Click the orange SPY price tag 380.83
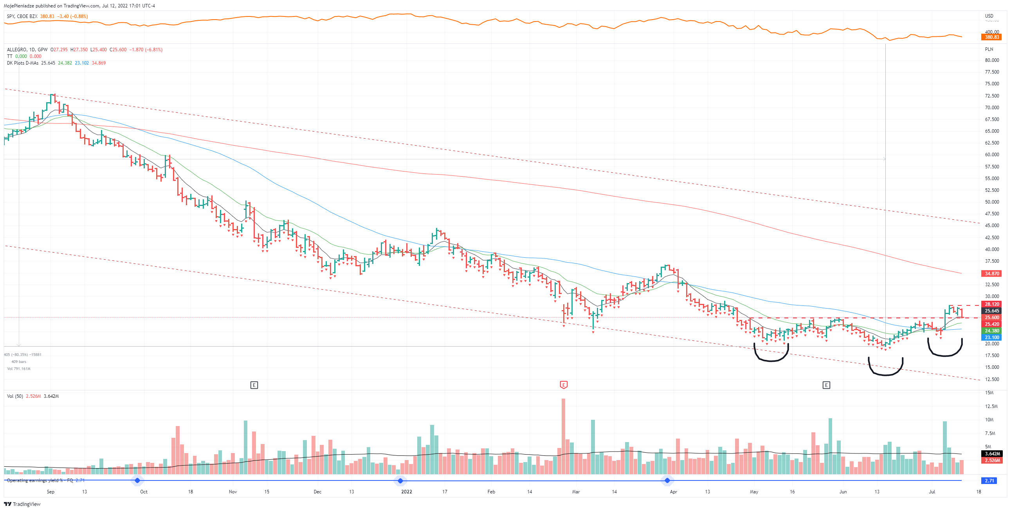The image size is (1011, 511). click(991, 37)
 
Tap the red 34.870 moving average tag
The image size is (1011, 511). click(991, 273)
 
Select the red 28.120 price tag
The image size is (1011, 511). click(991, 304)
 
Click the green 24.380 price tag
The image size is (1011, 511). click(991, 331)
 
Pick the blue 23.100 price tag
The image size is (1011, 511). click(991, 338)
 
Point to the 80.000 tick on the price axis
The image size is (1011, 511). click(992, 60)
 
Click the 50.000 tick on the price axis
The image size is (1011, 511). click(992, 202)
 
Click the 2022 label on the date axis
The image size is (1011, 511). click(407, 492)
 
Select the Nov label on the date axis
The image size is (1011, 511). click(233, 492)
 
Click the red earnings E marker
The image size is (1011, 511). click(564, 385)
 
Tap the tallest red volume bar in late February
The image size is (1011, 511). click(564, 436)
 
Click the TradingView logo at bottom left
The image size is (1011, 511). click(22, 504)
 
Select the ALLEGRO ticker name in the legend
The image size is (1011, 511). click(17, 49)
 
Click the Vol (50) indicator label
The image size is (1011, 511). click(15, 396)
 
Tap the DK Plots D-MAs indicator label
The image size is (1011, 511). click(22, 63)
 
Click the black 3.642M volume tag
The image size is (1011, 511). click(991, 454)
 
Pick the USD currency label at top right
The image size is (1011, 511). click(989, 16)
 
